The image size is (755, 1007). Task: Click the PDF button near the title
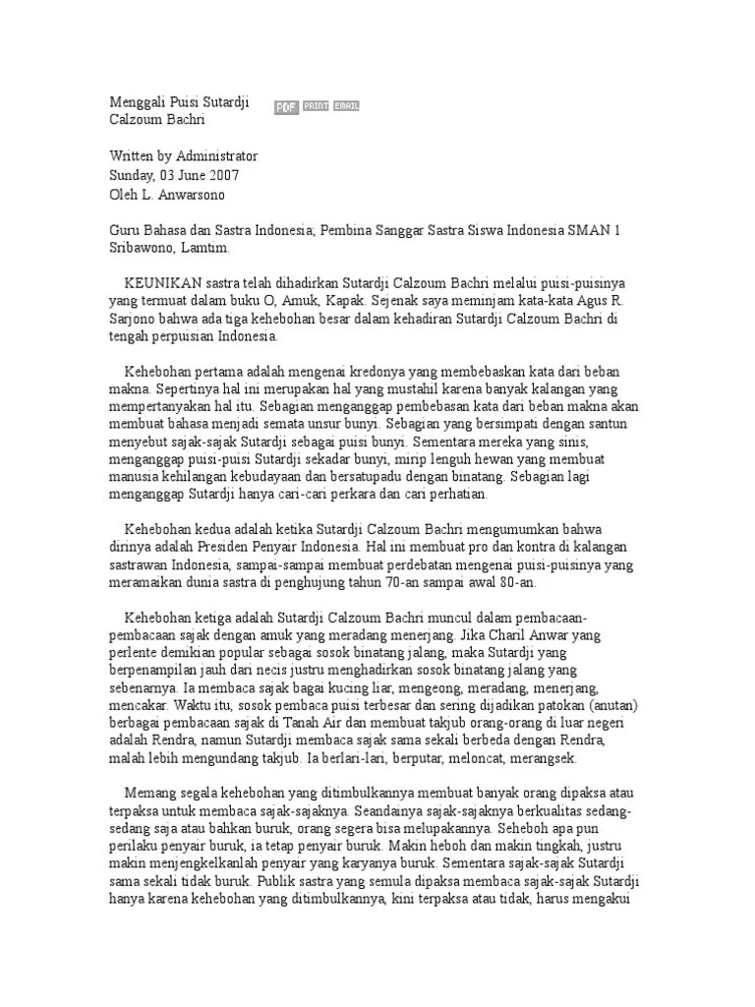coord(286,107)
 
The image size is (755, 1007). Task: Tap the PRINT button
coord(316,106)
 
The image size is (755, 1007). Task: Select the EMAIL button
coord(346,106)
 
